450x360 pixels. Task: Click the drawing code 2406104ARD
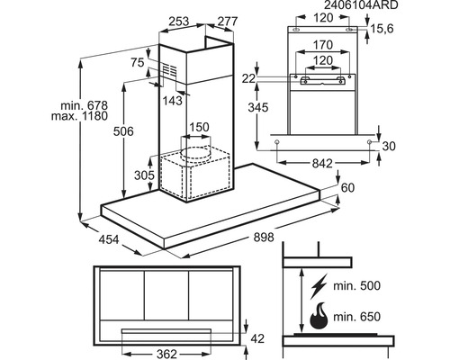(361, 4)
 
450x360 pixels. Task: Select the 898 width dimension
(264, 238)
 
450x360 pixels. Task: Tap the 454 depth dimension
(109, 239)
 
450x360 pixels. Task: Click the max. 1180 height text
(79, 116)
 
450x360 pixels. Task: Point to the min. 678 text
(84, 105)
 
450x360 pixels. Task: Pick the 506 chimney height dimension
(123, 131)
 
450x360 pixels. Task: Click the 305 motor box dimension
(144, 175)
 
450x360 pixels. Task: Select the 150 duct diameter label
(199, 127)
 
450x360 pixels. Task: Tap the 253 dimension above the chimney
(179, 22)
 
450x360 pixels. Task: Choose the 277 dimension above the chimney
(228, 22)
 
